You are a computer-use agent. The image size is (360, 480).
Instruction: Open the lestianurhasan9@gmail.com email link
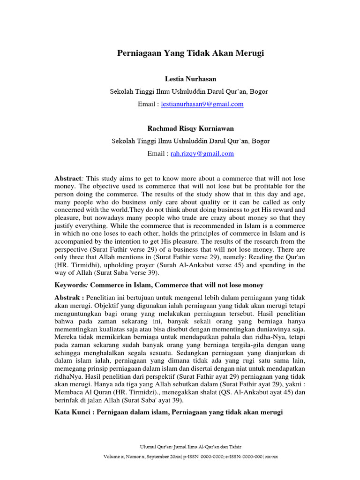202,104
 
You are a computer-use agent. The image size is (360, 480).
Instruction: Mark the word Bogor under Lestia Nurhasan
259,91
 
